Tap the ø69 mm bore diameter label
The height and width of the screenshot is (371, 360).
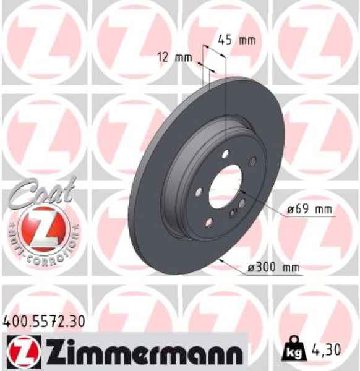[x=310, y=210]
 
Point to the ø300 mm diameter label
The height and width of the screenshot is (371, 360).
[x=273, y=267]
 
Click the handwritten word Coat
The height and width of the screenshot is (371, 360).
[x=43, y=189]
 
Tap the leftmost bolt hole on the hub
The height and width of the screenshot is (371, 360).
[x=197, y=192]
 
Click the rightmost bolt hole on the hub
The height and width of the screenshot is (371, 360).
[x=252, y=162]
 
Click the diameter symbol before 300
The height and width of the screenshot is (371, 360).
[x=251, y=267]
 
